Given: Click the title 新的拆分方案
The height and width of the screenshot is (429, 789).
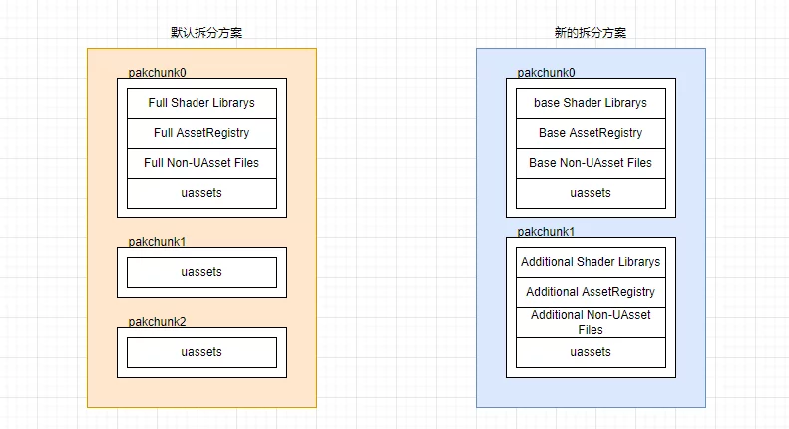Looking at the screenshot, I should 591,32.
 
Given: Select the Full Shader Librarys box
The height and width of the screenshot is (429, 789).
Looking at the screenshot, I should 201,103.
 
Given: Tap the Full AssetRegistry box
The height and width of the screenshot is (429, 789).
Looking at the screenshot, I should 201,133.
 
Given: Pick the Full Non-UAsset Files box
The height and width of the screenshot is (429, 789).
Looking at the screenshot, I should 201,163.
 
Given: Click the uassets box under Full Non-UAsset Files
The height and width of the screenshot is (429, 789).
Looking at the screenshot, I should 201,193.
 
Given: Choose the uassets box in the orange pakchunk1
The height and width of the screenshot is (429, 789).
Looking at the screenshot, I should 201,272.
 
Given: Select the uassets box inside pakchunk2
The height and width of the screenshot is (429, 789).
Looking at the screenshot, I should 201,352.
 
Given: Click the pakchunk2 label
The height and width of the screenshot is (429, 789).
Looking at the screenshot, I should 158,321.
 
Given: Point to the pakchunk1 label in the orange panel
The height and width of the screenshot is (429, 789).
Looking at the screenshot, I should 158,241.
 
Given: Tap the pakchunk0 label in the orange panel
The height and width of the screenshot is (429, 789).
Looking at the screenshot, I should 158,73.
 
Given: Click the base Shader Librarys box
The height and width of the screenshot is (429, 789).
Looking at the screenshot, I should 591,103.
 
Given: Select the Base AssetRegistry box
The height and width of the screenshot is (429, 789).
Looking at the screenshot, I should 591,133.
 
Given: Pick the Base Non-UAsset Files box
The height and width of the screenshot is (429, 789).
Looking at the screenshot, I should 591,163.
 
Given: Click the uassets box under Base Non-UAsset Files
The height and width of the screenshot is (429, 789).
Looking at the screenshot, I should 591,193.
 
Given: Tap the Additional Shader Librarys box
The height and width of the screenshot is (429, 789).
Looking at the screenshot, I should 591,262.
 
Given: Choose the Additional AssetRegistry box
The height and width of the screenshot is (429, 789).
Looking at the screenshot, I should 591,292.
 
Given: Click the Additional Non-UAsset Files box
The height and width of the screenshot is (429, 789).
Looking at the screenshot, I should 591,322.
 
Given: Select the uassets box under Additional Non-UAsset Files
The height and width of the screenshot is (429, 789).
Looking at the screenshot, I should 591,352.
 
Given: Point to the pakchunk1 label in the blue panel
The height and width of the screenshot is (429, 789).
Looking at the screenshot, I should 547,231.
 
